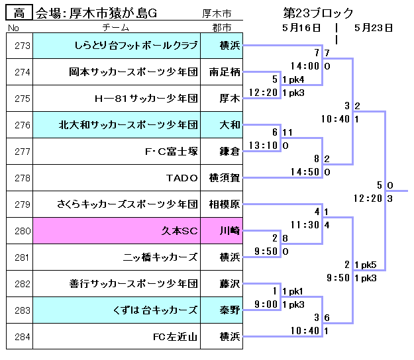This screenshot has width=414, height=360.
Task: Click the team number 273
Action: (22, 46)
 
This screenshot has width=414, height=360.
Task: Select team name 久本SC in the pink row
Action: (180, 231)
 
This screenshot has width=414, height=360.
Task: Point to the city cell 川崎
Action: (229, 231)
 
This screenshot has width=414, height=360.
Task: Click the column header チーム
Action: (116, 28)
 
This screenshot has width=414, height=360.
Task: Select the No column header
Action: (14, 28)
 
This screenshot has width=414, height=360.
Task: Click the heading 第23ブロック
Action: (318, 13)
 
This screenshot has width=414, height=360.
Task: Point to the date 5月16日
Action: (301, 28)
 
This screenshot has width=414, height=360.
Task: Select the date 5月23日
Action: (374, 28)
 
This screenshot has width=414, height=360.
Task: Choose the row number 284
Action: (22, 337)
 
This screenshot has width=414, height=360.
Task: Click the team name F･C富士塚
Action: (171, 152)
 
